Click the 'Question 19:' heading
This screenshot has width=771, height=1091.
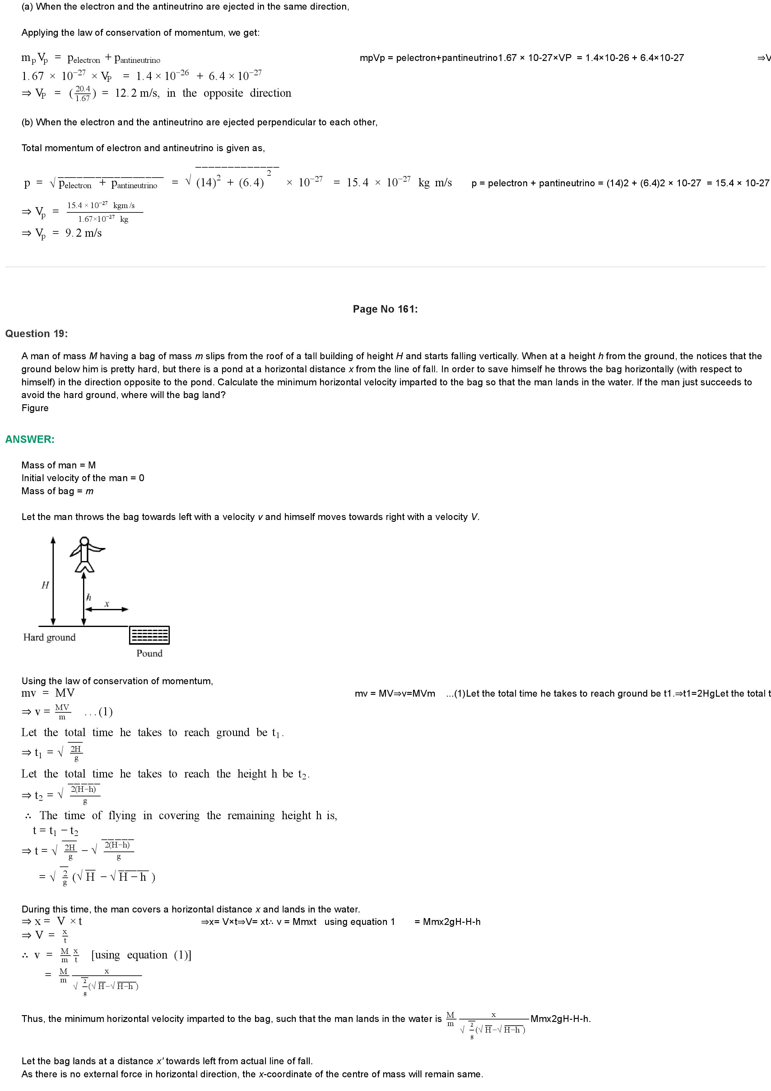(x=37, y=334)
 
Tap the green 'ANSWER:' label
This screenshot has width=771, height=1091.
(x=30, y=439)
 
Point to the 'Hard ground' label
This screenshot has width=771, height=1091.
(x=49, y=637)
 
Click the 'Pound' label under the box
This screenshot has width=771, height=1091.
(x=149, y=653)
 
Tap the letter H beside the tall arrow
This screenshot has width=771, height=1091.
(x=45, y=585)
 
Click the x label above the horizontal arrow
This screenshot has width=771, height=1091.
(x=107, y=604)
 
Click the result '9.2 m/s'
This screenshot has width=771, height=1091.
(x=84, y=233)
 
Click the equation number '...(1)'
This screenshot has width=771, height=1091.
(x=98, y=712)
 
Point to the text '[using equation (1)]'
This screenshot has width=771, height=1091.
(x=141, y=955)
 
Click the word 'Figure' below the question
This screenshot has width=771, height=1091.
(x=35, y=408)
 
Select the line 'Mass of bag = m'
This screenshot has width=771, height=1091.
(x=58, y=491)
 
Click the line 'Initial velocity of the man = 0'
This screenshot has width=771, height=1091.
(x=83, y=478)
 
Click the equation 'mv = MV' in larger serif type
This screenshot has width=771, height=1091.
(x=48, y=693)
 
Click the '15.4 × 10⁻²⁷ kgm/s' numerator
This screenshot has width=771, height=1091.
(x=101, y=205)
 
